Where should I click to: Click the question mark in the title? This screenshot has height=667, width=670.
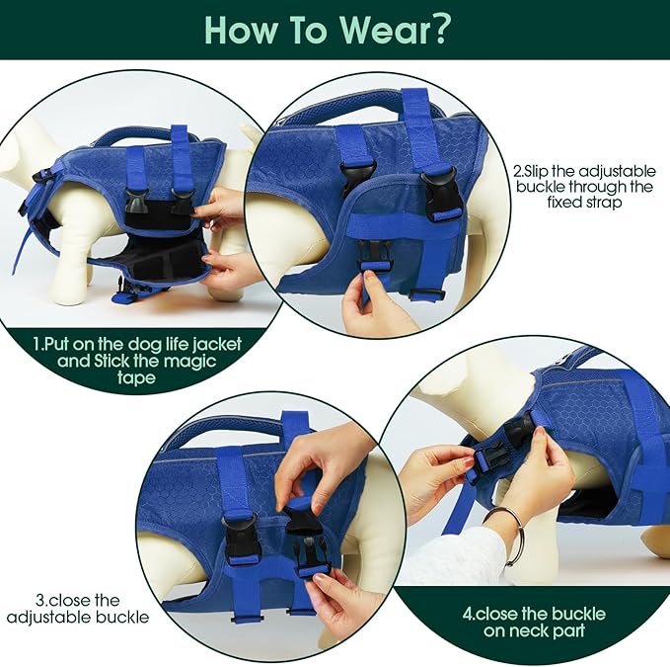point(436,29)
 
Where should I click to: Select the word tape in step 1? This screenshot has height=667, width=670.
point(136,378)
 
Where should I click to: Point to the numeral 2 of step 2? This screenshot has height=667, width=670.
point(517,172)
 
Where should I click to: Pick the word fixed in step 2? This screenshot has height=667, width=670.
point(562,202)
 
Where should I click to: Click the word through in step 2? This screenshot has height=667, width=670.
point(593,187)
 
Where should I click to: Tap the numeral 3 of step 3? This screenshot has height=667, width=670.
point(40,600)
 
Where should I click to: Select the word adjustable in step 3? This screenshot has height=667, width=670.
point(42,617)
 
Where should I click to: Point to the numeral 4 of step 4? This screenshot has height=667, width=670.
point(468,615)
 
